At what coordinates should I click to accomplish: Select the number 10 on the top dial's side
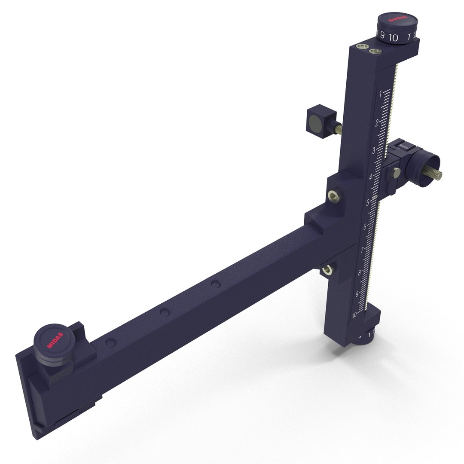click(x=394, y=37)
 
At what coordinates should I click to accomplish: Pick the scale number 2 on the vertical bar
click(x=377, y=123)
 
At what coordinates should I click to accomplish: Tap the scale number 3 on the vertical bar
click(x=374, y=150)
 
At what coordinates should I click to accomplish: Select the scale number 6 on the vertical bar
click(x=365, y=227)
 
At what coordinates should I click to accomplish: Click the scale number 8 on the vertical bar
click(x=359, y=272)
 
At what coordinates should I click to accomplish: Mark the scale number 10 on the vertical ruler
click(x=355, y=315)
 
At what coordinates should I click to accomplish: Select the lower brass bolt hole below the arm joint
click(x=328, y=269)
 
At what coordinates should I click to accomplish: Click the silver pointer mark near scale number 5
click(x=375, y=198)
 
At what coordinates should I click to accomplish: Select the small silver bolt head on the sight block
click(x=395, y=173)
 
